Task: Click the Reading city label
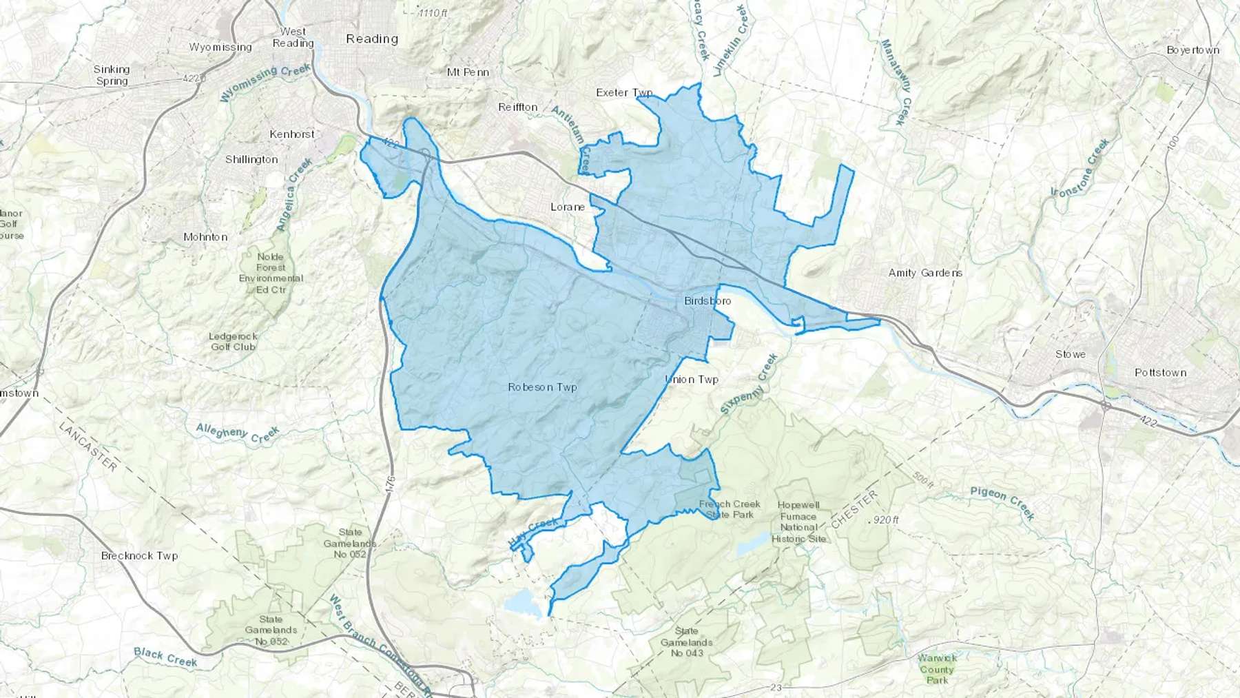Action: coord(372,39)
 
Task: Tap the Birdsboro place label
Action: coord(707,301)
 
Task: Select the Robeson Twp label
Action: coord(542,387)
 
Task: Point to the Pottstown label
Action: coord(1160,373)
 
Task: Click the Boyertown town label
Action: coord(1193,50)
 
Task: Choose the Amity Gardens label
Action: coord(925,273)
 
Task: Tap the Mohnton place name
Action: coord(205,237)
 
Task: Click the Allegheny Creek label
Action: coord(238,433)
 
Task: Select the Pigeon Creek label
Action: coord(1002,503)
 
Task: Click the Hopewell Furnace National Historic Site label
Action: coord(798,522)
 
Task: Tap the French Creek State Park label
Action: coord(730,509)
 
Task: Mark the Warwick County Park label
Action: coord(937,669)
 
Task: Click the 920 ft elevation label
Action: coord(885,520)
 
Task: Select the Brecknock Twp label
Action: coord(139,555)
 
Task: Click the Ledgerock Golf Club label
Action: coord(233,342)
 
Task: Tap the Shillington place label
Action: coord(251,159)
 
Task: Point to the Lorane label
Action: coord(568,207)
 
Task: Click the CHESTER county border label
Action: coord(854,510)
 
